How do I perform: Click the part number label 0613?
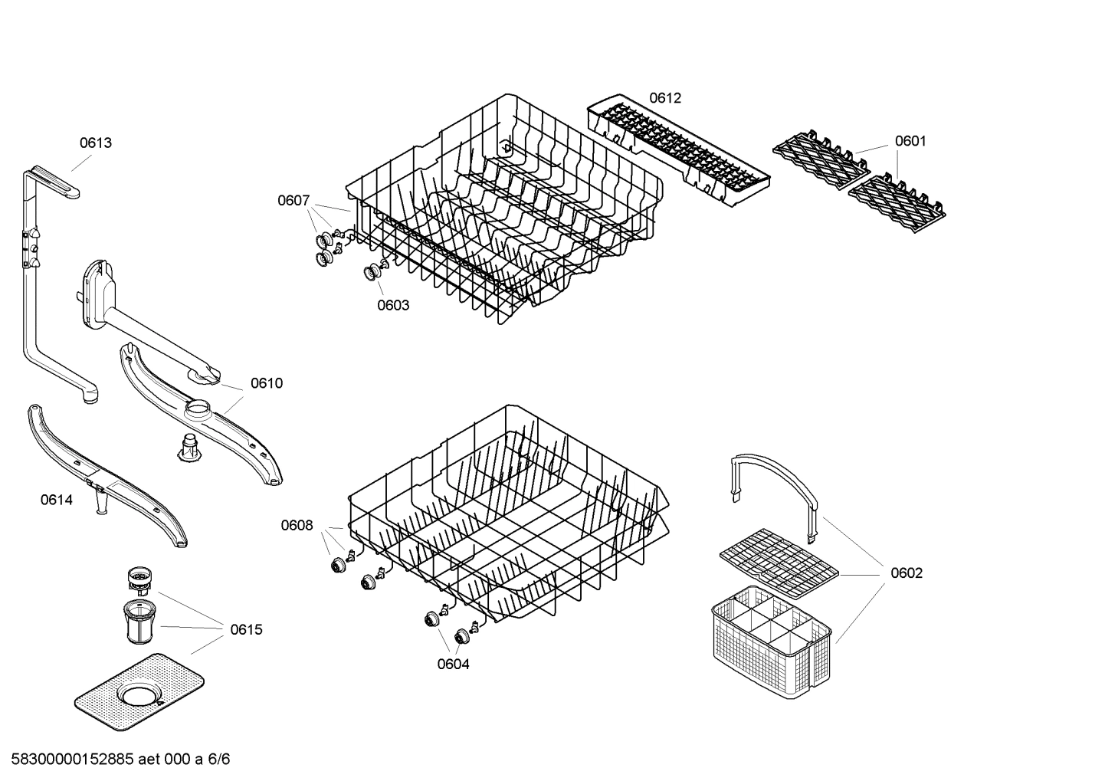point(96,143)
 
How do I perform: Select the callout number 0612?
point(665,98)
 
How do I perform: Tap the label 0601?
point(910,141)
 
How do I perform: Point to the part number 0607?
point(293,201)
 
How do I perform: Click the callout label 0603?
point(393,305)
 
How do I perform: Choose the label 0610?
point(267,383)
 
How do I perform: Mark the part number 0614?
point(57,500)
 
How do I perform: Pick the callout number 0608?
point(297,525)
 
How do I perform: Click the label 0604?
point(454,664)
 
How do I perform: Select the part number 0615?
point(246,629)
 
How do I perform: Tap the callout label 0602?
point(907,573)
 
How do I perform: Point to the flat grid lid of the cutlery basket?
point(779,563)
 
